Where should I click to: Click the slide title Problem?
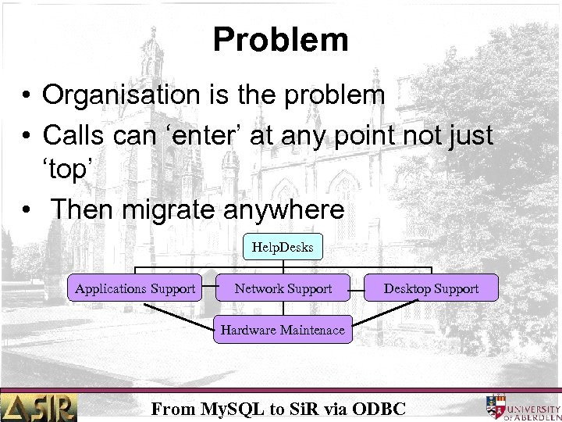pyautogui.click(x=280, y=39)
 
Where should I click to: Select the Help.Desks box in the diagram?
pyautogui.click(x=282, y=248)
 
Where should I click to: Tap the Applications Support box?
pyautogui.click(x=135, y=288)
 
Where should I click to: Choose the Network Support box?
pyautogui.click(x=283, y=288)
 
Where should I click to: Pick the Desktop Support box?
pyautogui.click(x=431, y=288)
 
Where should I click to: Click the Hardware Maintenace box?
pyautogui.click(x=282, y=330)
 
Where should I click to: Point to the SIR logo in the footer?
pyautogui.click(x=39, y=406)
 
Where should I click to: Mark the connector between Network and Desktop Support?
pyautogui.click(x=357, y=288)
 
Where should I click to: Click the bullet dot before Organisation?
pyautogui.click(x=27, y=96)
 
